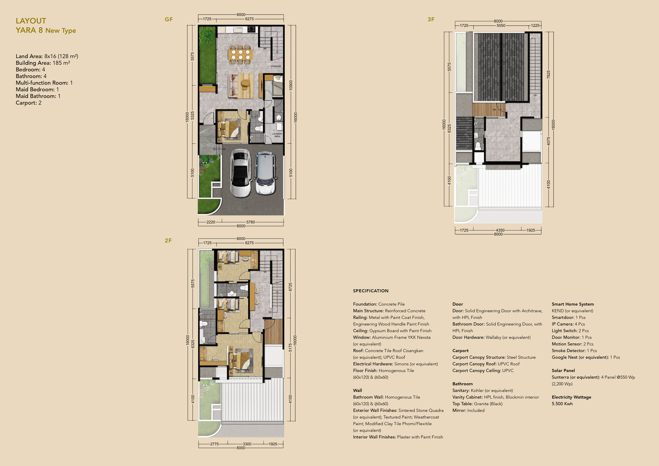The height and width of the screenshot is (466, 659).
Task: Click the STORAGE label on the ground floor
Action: [x=275, y=66]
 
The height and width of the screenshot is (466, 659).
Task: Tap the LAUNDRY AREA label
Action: [x=277, y=135]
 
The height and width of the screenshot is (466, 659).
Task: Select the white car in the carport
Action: [x=240, y=173]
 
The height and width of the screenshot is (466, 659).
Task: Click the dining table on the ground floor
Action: [x=240, y=55]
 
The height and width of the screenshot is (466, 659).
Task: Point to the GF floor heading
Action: [x=169, y=20]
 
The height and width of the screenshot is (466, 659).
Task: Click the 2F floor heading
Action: [x=168, y=240]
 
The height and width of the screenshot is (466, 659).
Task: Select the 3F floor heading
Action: [x=431, y=20]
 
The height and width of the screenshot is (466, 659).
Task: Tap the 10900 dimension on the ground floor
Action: [x=291, y=85]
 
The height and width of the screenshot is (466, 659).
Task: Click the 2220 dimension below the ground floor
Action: [x=211, y=222]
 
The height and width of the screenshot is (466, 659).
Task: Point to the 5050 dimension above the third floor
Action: [x=501, y=26]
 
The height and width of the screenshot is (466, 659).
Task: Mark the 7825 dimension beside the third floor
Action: [x=549, y=75]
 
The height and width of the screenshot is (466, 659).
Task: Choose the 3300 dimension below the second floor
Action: [x=247, y=444]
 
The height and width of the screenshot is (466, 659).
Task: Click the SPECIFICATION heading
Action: [x=371, y=291]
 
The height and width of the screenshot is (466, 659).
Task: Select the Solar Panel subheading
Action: [x=563, y=370]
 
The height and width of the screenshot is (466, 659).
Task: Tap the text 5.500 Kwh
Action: [x=562, y=404]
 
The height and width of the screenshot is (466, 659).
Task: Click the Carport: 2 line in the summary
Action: [x=29, y=103]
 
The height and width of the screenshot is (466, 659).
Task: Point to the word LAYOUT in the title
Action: [x=31, y=21]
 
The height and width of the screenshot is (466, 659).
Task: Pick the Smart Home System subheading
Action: [x=573, y=304]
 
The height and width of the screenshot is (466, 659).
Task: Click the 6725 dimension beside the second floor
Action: [x=290, y=287]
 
